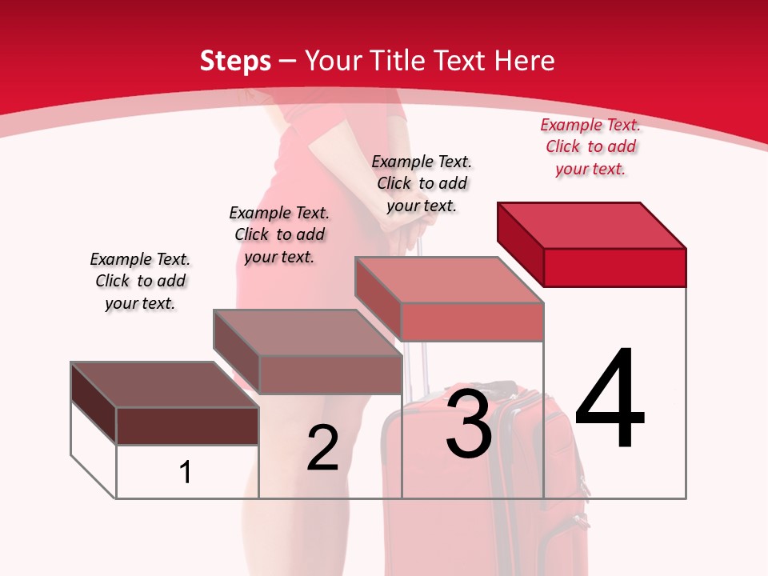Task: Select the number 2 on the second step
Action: click(322, 448)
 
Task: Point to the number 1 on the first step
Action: click(186, 472)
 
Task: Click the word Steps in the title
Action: click(235, 61)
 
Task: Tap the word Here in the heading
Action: click(524, 61)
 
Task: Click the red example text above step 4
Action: click(590, 146)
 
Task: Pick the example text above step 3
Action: click(422, 183)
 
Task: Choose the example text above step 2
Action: click(279, 234)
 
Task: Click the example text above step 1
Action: click(140, 281)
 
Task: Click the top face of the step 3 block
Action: click(449, 279)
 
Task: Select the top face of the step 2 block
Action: click(307, 332)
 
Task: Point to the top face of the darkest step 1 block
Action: click(165, 385)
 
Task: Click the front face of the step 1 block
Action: click(187, 426)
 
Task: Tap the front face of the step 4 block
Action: click(614, 267)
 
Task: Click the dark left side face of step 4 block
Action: click(520, 239)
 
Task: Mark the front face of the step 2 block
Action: click(330, 374)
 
